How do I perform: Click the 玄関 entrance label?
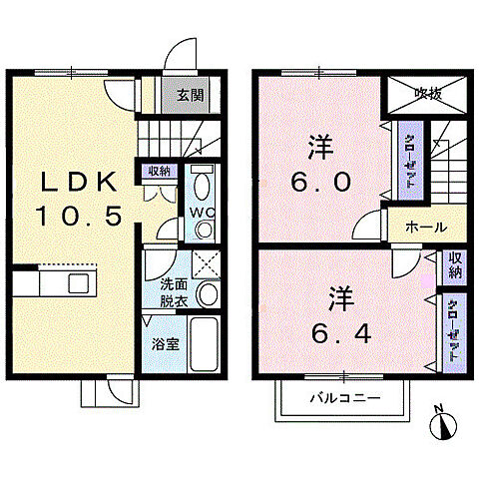(190, 96)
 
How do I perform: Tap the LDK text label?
(79, 182)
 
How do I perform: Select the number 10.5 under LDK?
(79, 216)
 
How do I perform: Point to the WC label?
(202, 213)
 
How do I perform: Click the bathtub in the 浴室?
(204, 344)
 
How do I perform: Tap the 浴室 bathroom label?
(166, 344)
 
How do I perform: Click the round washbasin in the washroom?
(208, 293)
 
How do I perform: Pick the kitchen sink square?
(79, 283)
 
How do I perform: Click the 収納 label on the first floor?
(159, 172)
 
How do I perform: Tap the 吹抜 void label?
(428, 95)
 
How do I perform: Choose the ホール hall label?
(426, 228)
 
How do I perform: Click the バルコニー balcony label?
(345, 397)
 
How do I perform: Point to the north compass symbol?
(442, 423)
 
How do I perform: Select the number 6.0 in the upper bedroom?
(321, 182)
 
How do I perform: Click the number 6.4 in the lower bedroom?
(341, 333)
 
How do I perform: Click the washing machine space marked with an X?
(207, 264)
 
